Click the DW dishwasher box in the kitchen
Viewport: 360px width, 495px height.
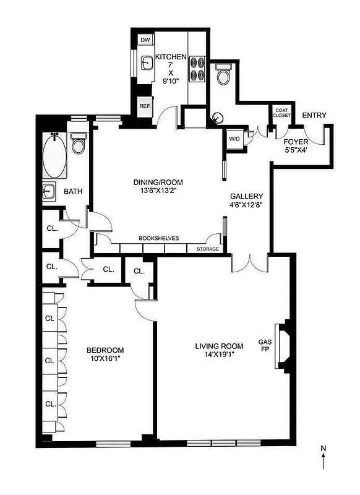(145, 40)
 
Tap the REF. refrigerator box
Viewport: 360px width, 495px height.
(145, 106)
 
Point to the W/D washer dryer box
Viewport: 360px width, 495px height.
(234, 139)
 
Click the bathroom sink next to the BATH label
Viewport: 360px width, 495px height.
(49, 191)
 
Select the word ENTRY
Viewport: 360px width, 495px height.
(314, 116)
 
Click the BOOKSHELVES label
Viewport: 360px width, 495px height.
(158, 238)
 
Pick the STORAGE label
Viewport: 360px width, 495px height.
(207, 249)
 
